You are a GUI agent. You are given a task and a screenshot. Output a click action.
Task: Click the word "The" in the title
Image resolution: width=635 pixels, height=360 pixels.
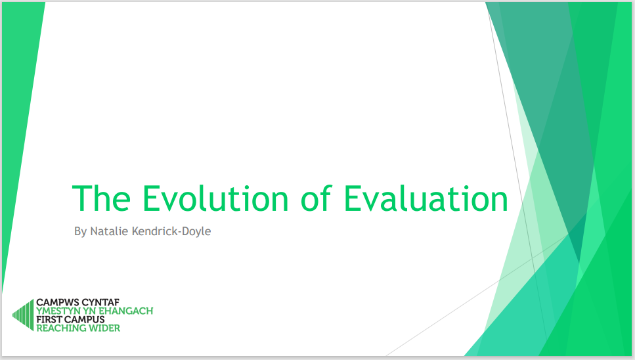click(101, 198)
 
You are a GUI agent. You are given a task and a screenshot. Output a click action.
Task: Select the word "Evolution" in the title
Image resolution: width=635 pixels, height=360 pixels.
click(215, 198)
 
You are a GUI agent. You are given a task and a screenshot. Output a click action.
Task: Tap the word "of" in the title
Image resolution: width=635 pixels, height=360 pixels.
click(316, 198)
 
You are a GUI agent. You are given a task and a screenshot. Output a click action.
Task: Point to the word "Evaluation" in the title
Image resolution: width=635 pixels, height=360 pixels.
click(426, 198)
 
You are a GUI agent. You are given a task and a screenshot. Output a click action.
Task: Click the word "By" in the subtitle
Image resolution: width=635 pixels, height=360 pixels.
click(80, 232)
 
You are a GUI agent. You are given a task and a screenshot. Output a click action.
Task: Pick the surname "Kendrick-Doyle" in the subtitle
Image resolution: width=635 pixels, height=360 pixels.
click(171, 231)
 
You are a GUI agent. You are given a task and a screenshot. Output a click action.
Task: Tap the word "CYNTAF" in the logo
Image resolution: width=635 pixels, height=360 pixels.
click(100, 302)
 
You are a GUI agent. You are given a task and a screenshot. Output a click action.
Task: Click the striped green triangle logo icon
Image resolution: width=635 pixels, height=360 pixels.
click(24, 315)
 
